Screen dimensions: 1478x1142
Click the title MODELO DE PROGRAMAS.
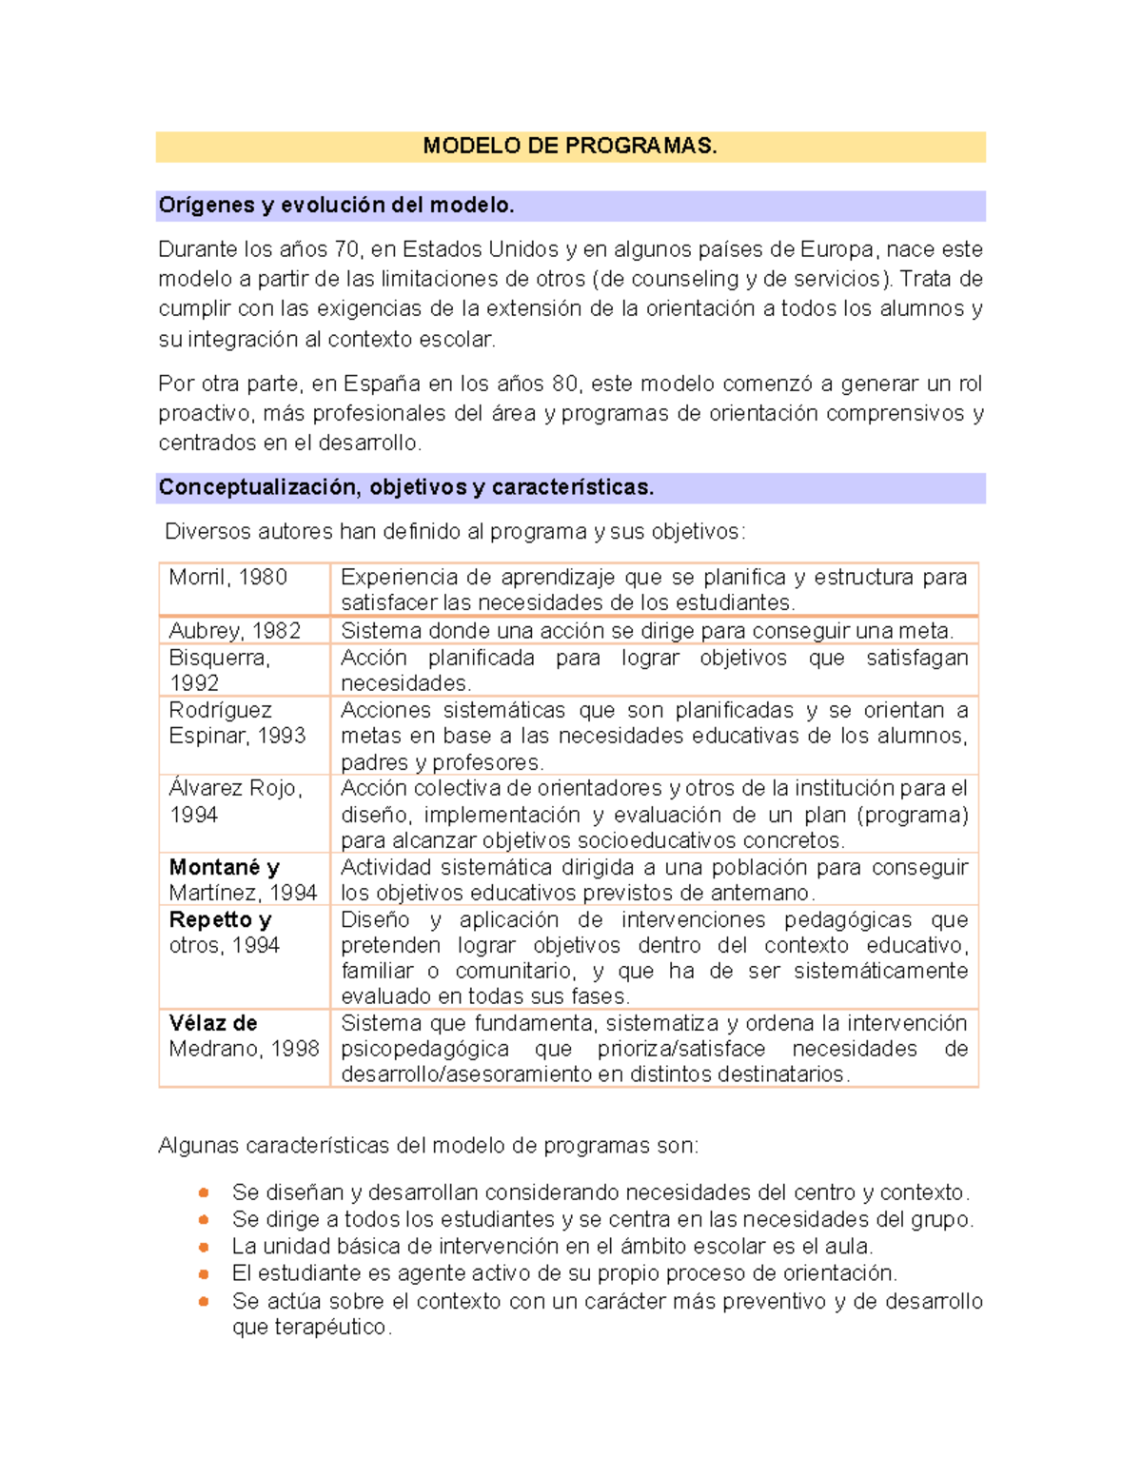570,146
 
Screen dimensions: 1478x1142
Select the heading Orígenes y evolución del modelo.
336,205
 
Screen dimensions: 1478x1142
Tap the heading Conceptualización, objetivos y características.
406,487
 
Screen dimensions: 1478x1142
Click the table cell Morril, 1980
228,577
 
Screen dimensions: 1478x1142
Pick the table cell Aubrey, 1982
234,630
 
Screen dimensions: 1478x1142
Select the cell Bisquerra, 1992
220,670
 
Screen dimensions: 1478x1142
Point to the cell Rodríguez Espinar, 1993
237,723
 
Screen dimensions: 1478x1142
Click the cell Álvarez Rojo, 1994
235,801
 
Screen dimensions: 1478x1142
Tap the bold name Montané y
224,867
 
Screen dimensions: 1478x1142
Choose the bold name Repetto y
220,919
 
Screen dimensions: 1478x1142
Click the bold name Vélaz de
213,1023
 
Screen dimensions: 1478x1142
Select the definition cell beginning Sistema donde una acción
647,630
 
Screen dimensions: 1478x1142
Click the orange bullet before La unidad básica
204,1247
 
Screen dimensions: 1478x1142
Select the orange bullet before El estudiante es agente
204,1273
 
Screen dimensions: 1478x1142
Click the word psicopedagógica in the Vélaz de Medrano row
424,1049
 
